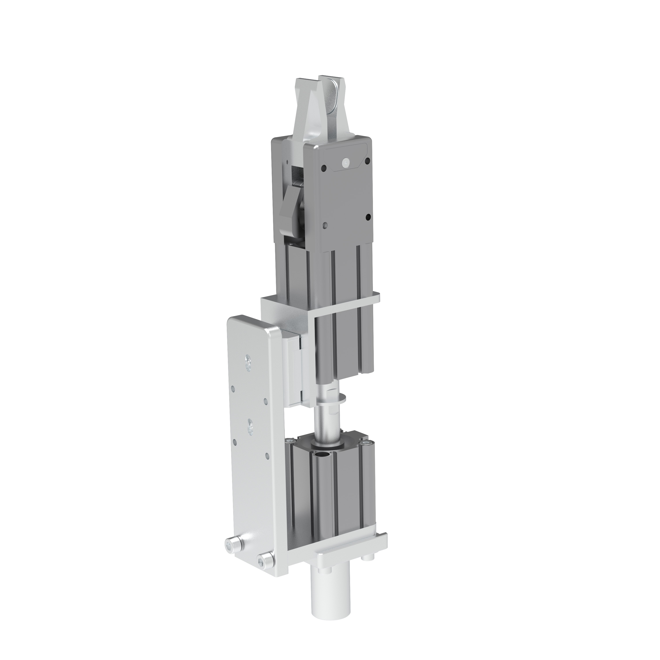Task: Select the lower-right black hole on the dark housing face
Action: click(x=368, y=217)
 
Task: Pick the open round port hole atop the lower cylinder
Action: click(x=321, y=455)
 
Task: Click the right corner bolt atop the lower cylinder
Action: click(x=367, y=444)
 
